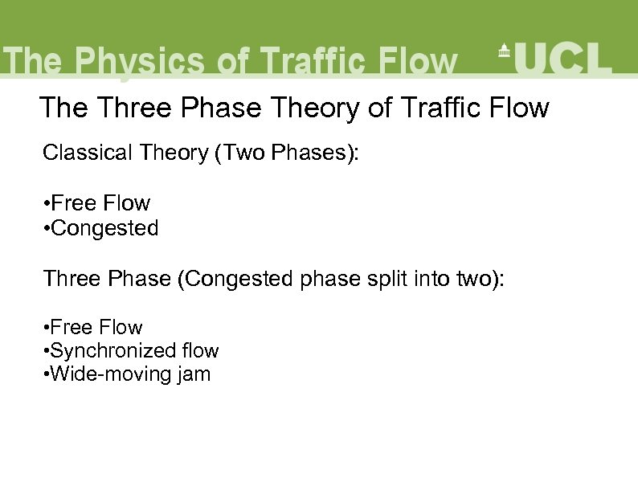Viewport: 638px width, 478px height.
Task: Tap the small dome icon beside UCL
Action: pyautogui.click(x=504, y=50)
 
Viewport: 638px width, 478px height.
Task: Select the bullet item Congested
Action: pyautogui.click(x=104, y=228)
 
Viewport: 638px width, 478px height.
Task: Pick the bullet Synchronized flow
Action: pyautogui.click(x=133, y=351)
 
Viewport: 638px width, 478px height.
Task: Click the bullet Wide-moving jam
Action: pyautogui.click(x=129, y=374)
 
